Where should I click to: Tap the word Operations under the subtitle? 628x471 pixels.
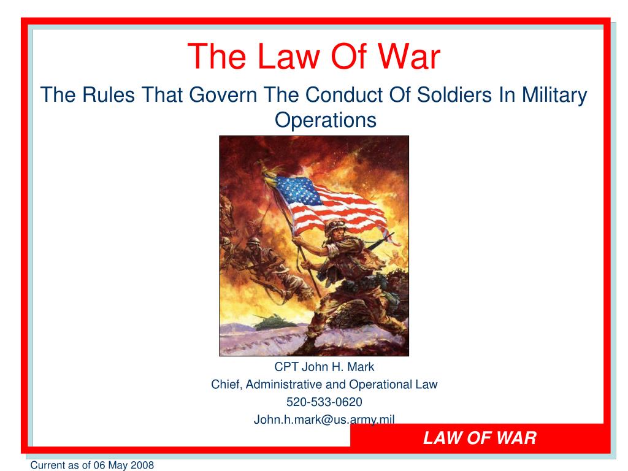point(325,120)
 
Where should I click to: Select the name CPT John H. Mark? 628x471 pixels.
point(324,368)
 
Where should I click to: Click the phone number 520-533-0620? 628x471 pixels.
point(324,402)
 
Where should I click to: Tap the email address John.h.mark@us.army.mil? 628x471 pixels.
point(324,419)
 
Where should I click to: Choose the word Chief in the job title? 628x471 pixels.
point(224,385)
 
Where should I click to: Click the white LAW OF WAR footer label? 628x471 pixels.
point(480,438)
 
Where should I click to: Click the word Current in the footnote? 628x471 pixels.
point(48,465)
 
